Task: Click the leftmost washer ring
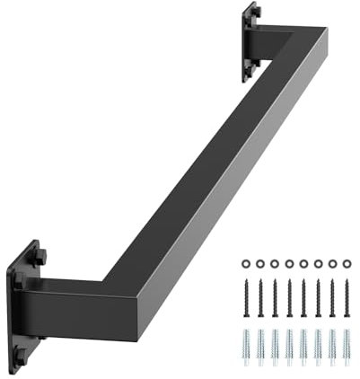pyautogui.click(x=246, y=263)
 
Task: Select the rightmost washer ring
pyautogui.click(x=347, y=263)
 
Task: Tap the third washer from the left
pyautogui.click(x=275, y=263)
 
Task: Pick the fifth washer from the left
pyautogui.click(x=303, y=263)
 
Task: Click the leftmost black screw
pyautogui.click(x=246, y=298)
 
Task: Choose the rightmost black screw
pyautogui.click(x=347, y=298)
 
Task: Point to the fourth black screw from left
pyautogui.click(x=289, y=298)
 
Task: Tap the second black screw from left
pyautogui.click(x=260, y=298)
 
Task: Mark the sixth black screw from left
pyautogui.click(x=318, y=298)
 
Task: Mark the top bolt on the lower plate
pyautogui.click(x=40, y=255)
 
